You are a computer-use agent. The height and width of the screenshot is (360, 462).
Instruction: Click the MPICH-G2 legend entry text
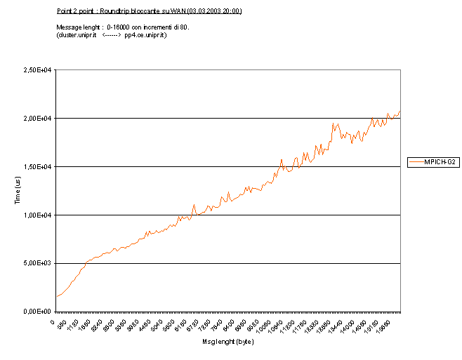[x=440, y=161]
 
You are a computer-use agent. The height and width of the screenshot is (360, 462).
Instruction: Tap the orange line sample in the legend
[x=415, y=161]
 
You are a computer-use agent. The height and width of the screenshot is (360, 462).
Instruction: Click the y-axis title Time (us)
[x=19, y=191]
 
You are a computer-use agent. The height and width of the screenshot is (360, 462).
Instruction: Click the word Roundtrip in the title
[x=115, y=11]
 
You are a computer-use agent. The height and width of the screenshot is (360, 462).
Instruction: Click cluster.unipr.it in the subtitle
[x=77, y=34]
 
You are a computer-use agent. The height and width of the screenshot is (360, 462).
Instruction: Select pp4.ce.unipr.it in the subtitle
[x=145, y=34]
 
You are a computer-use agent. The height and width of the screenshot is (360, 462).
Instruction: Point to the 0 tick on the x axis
[x=53, y=321]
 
